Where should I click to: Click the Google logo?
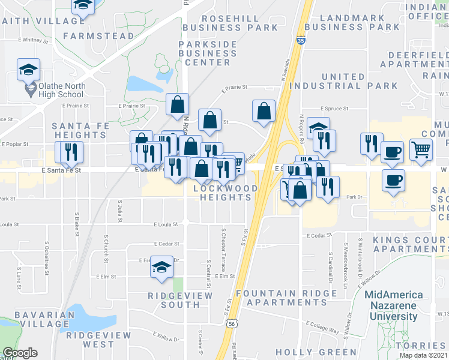[20, 352]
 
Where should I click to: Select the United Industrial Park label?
[343, 81]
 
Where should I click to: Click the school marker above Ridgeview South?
[161, 267]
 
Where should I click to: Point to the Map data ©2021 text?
[424, 355]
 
